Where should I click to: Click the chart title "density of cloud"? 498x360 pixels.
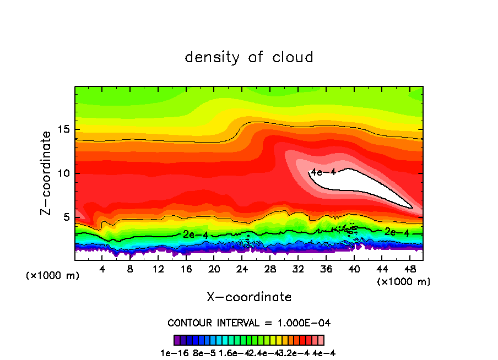(249, 57)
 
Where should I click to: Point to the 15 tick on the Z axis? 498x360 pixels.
(75, 129)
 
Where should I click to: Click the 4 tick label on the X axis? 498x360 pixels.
(102, 269)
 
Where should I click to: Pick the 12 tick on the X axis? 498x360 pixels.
(159, 260)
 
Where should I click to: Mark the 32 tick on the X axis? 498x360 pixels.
(298, 260)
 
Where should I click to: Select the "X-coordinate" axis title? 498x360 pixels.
(249, 297)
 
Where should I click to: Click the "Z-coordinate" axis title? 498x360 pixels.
(46, 173)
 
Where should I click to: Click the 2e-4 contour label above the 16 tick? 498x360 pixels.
(196, 234)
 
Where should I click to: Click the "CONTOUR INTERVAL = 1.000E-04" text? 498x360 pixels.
(249, 323)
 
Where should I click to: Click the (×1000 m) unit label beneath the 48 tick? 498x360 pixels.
(403, 281)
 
